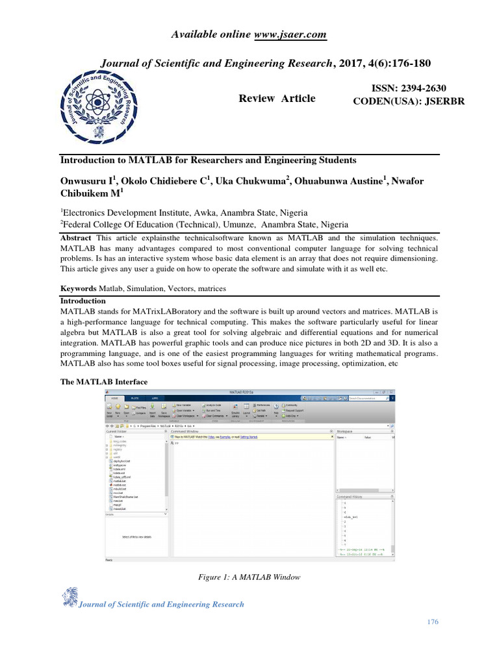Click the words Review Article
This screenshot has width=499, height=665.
coord(277,99)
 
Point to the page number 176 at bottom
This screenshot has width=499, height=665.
coord(433,622)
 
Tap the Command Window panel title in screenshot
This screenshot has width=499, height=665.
coord(185,431)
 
